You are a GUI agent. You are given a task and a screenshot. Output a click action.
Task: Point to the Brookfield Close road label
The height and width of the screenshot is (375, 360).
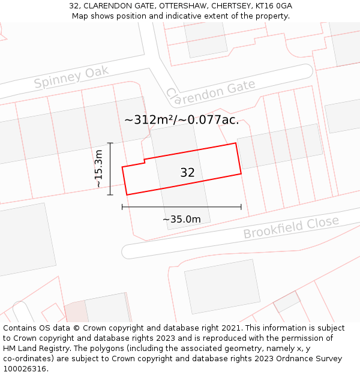291,227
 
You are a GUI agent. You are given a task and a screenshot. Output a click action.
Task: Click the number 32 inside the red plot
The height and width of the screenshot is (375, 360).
187,173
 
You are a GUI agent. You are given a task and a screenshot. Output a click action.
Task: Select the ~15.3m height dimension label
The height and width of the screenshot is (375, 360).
99,169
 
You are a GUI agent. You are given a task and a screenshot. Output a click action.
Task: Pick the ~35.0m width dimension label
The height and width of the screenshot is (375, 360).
181,219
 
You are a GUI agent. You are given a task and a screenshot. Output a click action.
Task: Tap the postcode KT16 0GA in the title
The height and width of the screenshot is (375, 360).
274,6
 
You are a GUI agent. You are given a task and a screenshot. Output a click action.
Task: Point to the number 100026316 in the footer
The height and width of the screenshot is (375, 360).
25,369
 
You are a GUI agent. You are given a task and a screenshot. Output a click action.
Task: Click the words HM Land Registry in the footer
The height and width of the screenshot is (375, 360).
34,349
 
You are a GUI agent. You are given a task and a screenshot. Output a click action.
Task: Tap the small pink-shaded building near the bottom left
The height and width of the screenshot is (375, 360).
76,311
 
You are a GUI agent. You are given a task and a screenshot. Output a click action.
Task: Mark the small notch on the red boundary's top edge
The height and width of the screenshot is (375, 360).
144,161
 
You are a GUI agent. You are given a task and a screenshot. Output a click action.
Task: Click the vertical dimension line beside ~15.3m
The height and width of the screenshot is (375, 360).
110,169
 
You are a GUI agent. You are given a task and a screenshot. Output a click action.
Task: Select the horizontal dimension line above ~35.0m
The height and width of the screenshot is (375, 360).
181,207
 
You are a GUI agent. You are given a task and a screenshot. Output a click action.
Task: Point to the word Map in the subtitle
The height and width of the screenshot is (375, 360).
80,16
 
